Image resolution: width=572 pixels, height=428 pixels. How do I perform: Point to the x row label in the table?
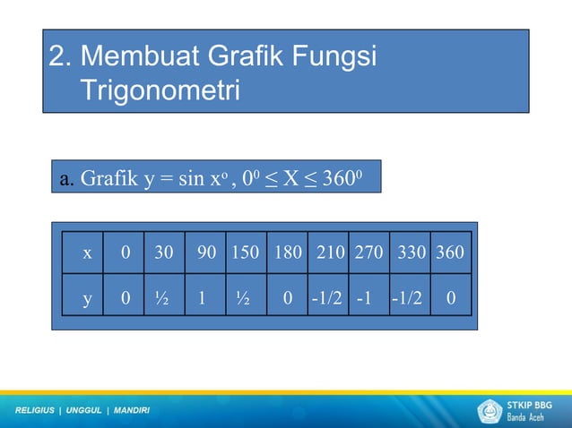87,253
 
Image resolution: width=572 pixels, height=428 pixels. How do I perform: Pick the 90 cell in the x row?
206,253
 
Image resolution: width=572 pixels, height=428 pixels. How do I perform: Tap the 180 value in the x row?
288,253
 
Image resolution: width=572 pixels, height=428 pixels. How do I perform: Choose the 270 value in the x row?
368,253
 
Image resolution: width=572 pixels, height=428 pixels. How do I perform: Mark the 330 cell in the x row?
412,253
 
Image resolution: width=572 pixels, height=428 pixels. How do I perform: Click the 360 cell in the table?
450,253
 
